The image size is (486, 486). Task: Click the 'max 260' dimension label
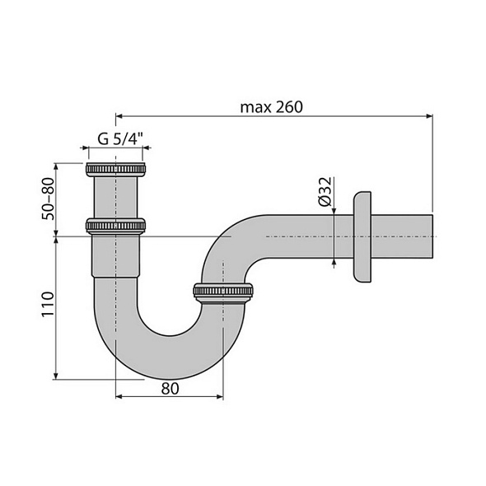point(272,107)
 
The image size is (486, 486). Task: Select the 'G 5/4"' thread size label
point(115,138)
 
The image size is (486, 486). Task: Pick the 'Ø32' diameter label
point(325,192)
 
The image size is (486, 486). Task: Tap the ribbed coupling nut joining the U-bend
point(223,291)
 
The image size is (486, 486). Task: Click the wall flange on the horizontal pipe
point(361,238)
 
